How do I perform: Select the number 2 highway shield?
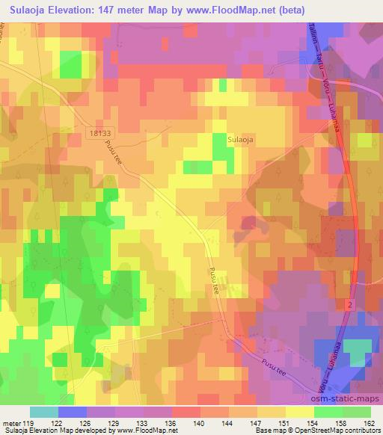[x=349, y=305]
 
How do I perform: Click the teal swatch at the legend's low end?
[x=44, y=412]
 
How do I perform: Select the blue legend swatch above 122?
[x=73, y=412]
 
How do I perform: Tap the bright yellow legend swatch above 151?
[x=299, y=412]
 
